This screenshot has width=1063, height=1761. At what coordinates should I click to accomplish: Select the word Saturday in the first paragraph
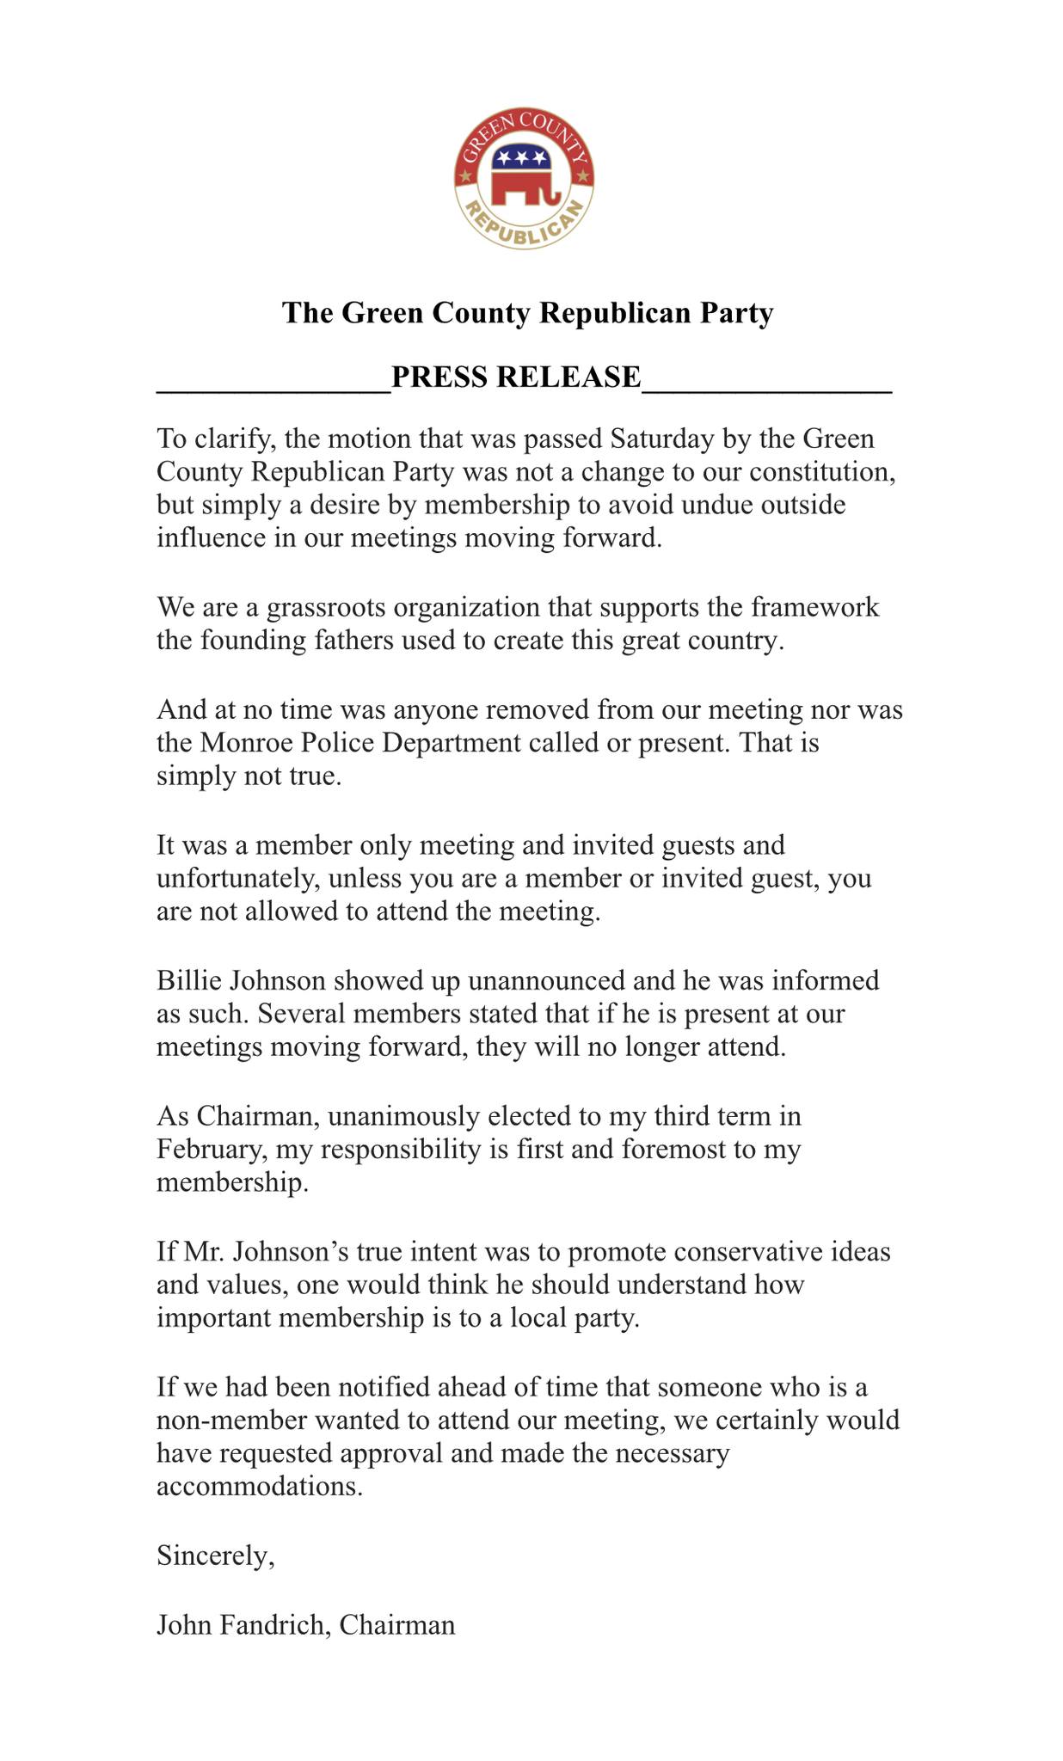662,439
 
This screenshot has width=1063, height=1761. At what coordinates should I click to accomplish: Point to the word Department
447,742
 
